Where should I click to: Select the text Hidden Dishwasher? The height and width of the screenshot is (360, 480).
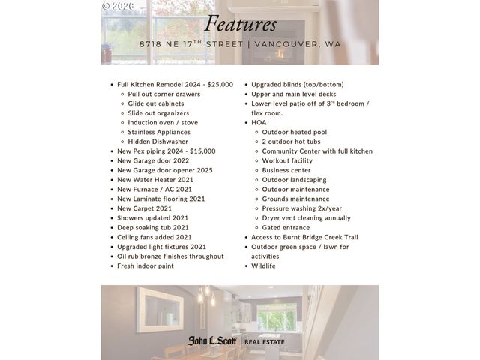point(157,141)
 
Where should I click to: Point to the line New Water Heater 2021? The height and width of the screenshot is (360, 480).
point(155,179)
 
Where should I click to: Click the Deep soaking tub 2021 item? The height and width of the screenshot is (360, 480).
point(153,227)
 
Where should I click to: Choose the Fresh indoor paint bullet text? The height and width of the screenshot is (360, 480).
point(145,265)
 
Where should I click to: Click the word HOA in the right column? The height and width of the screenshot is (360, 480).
point(259,122)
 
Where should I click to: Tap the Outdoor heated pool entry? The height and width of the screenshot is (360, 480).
point(295,132)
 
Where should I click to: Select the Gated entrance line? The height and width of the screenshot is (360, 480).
point(286,227)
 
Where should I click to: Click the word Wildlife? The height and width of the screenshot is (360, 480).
point(263,265)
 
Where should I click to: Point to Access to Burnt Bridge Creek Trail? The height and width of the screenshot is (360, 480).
point(304,237)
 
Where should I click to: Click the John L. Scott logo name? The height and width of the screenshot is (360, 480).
point(212,341)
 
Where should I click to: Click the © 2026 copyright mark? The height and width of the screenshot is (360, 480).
point(118,6)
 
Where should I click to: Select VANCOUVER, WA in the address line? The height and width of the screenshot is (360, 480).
point(298,44)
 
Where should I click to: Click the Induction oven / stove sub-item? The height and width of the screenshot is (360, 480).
point(163,122)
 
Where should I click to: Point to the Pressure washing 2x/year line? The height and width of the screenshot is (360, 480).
point(301,208)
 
